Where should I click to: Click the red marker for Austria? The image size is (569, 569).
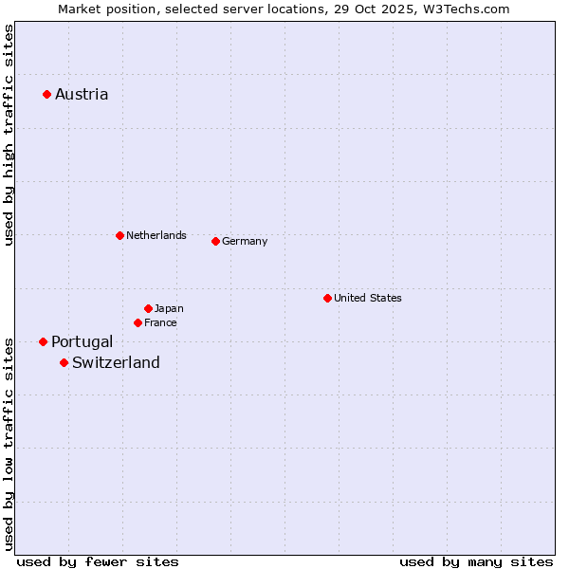tap(46, 94)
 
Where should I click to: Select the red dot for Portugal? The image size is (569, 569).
tap(43, 341)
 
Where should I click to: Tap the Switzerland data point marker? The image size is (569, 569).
tap(64, 362)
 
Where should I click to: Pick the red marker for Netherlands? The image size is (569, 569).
tap(119, 235)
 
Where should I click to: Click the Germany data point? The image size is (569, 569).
tap(215, 241)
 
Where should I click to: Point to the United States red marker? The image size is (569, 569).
tap(327, 298)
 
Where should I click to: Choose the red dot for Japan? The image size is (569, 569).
tap(148, 308)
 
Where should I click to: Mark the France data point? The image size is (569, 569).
tap(138, 322)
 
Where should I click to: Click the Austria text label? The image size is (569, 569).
tap(82, 94)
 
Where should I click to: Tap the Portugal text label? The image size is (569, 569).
tap(82, 341)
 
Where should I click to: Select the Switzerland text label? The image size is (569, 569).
tap(116, 362)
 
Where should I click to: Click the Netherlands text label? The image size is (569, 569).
tap(156, 235)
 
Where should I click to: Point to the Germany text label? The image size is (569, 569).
tap(245, 241)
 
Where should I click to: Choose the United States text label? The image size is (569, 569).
tap(368, 298)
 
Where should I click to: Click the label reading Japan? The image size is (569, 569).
tap(169, 308)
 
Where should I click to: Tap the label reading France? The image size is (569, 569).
tap(160, 322)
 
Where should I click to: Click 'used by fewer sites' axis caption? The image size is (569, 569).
tap(98, 561)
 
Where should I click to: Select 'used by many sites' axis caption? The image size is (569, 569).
tap(476, 561)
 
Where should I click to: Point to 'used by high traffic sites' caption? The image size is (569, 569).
tap(9, 136)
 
